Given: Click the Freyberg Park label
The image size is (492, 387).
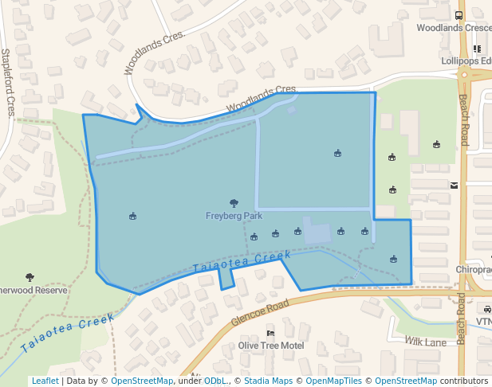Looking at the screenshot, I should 234,216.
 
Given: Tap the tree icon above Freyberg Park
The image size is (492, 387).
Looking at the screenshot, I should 234,204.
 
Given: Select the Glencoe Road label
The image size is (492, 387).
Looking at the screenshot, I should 259,311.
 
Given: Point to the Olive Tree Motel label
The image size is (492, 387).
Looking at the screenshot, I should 271,346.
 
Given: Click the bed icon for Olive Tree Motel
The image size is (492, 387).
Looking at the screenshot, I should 270,334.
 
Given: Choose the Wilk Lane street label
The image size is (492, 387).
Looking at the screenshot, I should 424,342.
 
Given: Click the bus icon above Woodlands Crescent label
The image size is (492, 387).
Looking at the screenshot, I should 459,15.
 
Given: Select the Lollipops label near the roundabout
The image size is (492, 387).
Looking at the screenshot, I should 466,61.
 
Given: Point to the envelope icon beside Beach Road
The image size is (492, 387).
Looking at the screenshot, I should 454,186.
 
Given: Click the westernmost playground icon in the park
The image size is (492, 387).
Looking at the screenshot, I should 132,216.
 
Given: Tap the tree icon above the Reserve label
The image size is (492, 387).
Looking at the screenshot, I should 30,277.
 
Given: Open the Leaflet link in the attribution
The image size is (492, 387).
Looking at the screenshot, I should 45,381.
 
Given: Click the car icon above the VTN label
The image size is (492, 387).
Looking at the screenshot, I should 486,310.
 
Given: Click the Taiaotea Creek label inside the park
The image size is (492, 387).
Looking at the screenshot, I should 242,261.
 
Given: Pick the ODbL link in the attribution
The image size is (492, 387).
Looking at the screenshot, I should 215,381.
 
